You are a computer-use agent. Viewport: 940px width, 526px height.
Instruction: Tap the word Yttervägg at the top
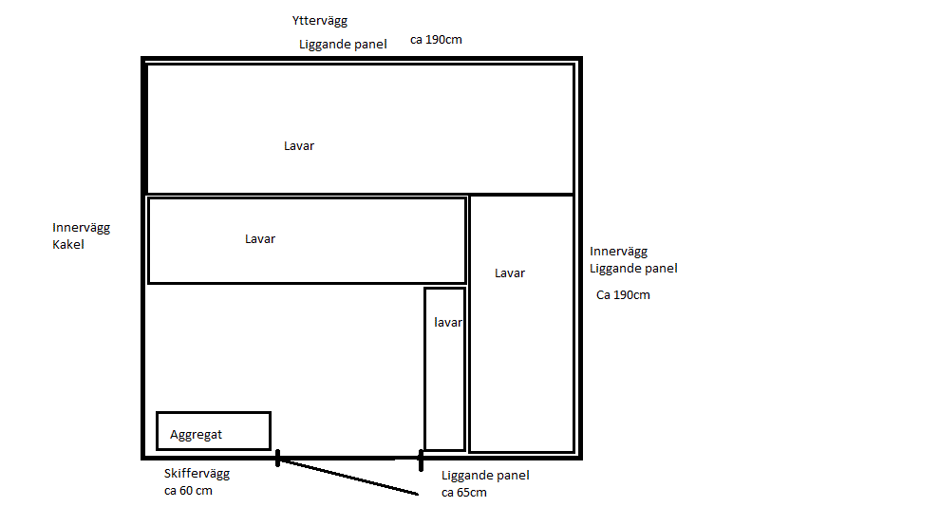(320, 21)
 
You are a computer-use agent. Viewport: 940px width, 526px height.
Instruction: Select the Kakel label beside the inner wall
(68, 244)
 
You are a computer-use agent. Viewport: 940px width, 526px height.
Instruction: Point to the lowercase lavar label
(448, 322)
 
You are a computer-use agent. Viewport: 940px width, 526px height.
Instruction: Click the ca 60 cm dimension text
(188, 491)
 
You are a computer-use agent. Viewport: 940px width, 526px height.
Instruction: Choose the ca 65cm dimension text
(464, 493)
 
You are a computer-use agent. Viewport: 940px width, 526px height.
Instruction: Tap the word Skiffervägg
(197, 474)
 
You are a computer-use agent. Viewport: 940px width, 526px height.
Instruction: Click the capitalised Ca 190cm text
(623, 294)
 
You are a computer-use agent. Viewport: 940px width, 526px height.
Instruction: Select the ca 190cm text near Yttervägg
(436, 40)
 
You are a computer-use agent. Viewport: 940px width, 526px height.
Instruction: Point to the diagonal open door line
(348, 477)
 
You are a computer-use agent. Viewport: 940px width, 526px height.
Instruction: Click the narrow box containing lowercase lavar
(425, 368)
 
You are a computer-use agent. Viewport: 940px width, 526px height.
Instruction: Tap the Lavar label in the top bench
(299, 146)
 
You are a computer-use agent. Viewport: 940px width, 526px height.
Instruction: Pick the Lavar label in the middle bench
(260, 238)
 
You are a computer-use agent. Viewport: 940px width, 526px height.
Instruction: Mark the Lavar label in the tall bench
(510, 272)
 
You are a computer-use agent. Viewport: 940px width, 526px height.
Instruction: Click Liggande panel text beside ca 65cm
(485, 476)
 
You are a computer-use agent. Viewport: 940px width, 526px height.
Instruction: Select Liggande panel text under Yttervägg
(343, 45)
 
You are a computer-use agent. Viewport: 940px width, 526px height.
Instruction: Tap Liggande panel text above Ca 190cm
(633, 269)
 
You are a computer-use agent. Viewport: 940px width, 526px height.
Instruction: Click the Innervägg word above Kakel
(81, 228)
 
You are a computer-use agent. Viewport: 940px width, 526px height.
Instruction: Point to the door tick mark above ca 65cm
(421, 460)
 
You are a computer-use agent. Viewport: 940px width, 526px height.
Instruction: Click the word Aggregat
(196, 435)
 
